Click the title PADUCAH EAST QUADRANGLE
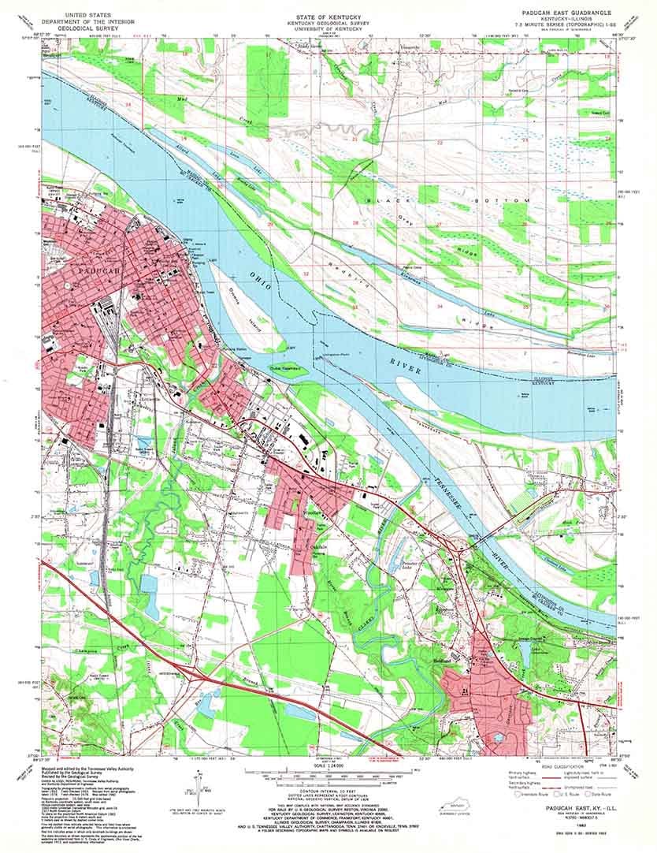click(561, 13)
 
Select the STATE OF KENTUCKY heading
click(328, 15)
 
